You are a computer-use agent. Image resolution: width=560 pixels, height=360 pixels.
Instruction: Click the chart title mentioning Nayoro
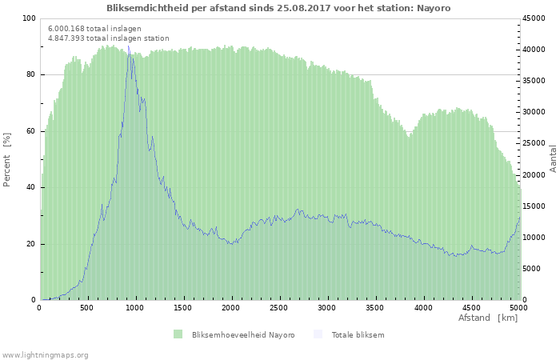[278, 8]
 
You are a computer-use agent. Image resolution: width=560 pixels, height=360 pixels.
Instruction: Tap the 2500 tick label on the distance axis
[278, 308]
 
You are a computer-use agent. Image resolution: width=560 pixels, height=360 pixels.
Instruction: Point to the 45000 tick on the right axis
[534, 18]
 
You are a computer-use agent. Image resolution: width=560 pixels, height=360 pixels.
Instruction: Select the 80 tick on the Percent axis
[30, 74]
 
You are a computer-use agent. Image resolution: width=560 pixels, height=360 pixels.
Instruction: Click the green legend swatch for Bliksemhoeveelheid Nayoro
[178, 334]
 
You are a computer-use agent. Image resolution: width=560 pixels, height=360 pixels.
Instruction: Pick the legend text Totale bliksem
[358, 335]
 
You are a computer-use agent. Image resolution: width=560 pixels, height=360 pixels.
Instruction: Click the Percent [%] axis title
[6, 160]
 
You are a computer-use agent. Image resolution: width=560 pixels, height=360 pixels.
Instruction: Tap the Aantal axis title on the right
[553, 159]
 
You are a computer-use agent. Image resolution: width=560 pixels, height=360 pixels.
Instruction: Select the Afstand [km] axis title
[488, 318]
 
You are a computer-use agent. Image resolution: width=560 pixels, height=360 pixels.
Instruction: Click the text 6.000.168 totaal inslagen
[94, 29]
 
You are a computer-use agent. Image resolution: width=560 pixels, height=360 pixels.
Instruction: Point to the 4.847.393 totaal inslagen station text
[109, 38]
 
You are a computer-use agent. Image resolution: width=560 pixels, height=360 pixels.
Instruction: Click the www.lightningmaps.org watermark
[45, 355]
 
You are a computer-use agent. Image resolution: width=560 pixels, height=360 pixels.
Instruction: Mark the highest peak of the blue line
[129, 46]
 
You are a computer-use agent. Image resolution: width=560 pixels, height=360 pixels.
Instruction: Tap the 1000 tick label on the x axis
[134, 308]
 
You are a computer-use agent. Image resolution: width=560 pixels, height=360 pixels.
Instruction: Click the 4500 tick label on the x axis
[470, 308]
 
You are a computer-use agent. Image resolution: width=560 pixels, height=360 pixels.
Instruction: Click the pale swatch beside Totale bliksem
[318, 334]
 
